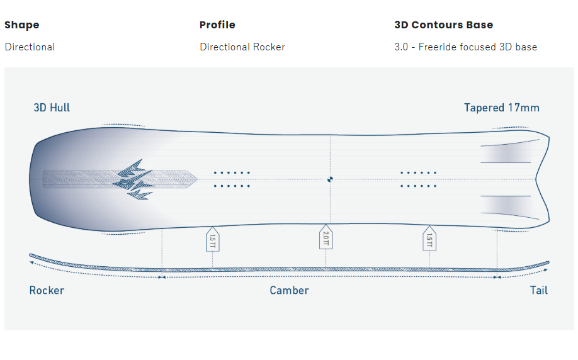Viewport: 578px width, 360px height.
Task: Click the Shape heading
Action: click(x=21, y=25)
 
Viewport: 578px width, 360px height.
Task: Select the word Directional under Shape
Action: click(x=30, y=47)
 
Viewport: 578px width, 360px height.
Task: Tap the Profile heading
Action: click(x=217, y=25)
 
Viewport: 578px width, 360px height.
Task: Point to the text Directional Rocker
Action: click(x=242, y=47)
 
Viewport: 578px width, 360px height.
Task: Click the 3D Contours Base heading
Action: click(x=443, y=25)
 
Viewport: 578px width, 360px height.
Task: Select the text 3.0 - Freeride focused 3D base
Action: click(x=465, y=47)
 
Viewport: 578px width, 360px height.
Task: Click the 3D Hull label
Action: click(x=52, y=108)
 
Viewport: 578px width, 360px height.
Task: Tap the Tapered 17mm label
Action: click(x=501, y=108)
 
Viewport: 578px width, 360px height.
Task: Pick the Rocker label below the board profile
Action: click(x=47, y=290)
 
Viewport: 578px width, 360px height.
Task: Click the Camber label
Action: click(x=289, y=290)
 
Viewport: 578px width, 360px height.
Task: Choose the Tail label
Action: click(x=538, y=290)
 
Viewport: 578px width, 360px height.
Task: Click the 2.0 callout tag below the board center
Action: click(x=326, y=238)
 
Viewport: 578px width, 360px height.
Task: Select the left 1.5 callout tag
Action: click(x=212, y=239)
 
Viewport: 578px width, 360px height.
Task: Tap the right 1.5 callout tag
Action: click(x=429, y=239)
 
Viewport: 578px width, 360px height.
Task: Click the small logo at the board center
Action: click(x=330, y=179)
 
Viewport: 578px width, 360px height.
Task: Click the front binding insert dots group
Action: click(x=232, y=179)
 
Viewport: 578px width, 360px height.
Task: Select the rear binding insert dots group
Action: click(x=418, y=179)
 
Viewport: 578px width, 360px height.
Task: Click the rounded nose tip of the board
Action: click(x=32, y=179)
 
